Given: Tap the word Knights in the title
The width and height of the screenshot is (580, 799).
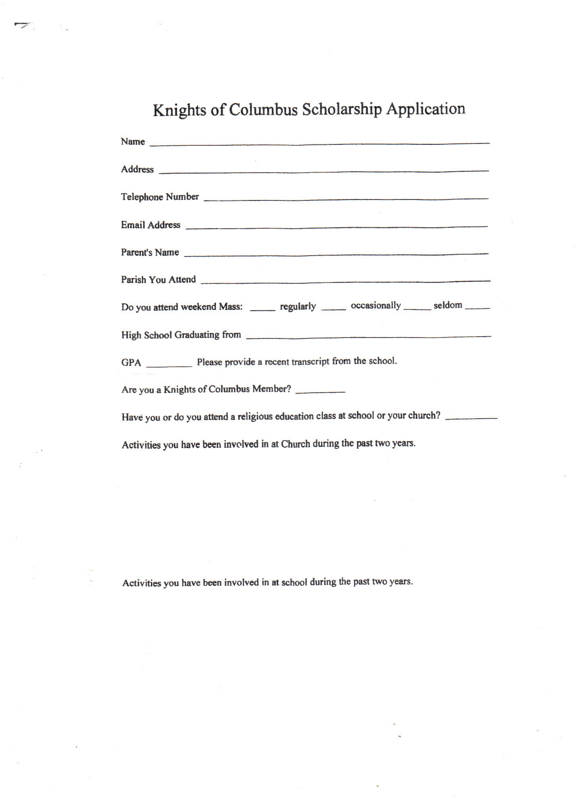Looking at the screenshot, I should coord(180,111).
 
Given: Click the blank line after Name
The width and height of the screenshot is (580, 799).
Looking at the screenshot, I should coord(319,143).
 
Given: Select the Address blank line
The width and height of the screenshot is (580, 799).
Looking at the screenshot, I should coord(323,171).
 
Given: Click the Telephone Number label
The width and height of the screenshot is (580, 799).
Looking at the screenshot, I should coord(160,197).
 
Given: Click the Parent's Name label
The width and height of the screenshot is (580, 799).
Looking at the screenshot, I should coord(150,252).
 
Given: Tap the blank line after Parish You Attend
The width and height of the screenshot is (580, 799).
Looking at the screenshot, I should coord(345,281).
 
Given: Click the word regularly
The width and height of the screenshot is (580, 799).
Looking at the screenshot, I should coord(298,307).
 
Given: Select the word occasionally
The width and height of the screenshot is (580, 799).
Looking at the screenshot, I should coord(376,306).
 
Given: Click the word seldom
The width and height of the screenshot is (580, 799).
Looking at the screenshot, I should coord(448,305).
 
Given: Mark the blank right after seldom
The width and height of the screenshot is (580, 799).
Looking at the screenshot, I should coord(477,308).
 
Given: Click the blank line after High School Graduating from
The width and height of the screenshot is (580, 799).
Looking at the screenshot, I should coord(368,337).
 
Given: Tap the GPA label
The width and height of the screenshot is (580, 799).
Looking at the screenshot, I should coord(131,363).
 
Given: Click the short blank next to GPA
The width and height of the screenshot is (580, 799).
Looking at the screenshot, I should coord(169,365).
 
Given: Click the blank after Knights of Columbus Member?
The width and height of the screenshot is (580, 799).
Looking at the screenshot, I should coord(320,391).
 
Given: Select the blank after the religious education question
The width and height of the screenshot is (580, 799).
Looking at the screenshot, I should coord(471,418).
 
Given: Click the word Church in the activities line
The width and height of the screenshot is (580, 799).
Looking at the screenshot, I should coord(296,444).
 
